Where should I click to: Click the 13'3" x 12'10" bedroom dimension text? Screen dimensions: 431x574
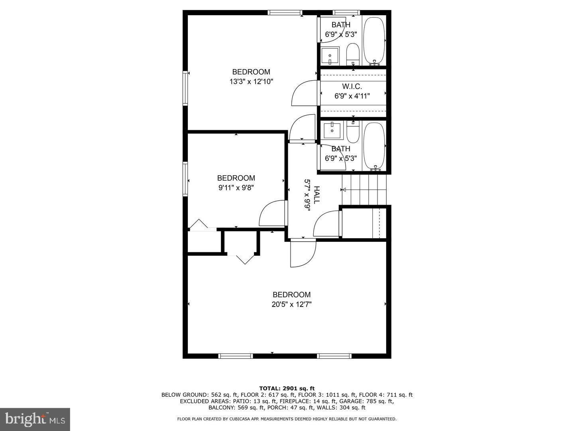tap(251, 82)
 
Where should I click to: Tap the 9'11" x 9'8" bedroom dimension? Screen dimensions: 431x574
tap(236, 188)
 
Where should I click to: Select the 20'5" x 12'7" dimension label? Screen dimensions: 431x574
tap(291, 304)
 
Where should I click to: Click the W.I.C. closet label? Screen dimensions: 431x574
tap(352, 87)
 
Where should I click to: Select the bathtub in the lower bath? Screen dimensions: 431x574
tap(374, 146)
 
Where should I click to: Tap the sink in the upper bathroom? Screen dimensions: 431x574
tap(330, 55)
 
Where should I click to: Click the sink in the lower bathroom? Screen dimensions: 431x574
tap(332, 130)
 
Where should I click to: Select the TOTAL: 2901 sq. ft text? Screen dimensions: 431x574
tap(287, 388)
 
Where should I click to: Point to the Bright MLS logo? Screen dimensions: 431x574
tap(35, 419)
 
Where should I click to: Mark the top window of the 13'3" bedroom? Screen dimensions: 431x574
tap(285, 12)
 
